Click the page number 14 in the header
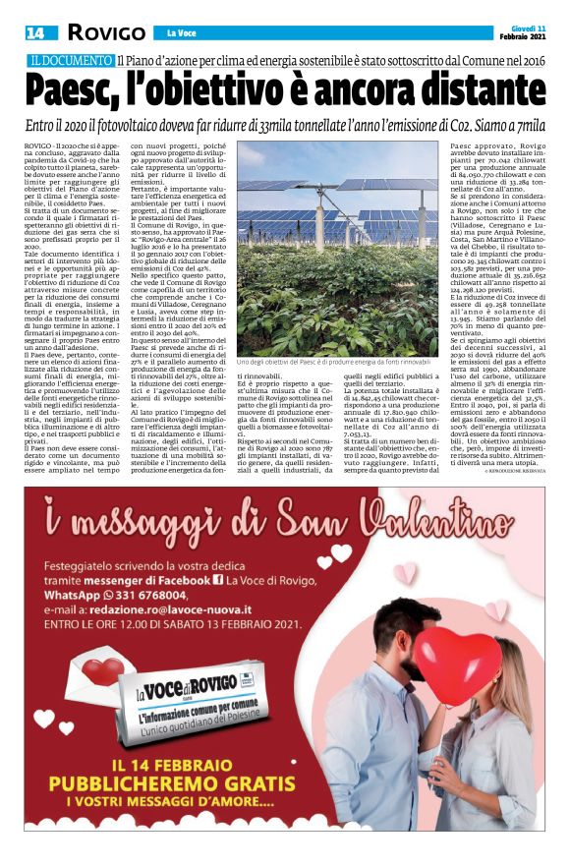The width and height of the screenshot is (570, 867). (34, 32)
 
